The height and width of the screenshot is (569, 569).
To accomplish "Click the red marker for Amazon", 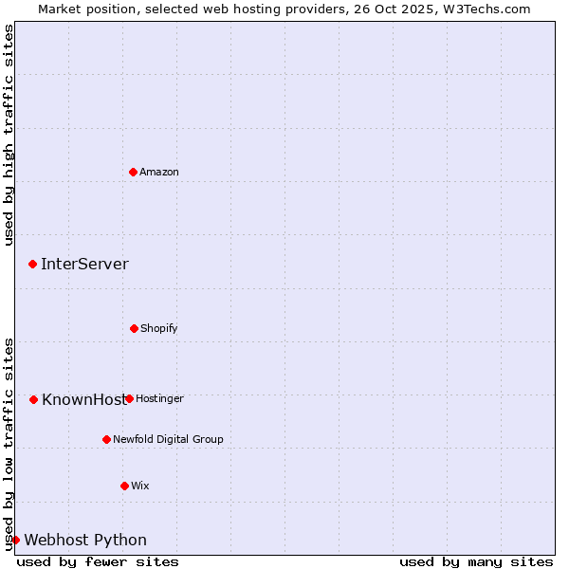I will (134, 172).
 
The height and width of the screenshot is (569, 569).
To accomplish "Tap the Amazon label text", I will (159, 173).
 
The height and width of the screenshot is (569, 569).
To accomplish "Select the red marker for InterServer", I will (33, 264).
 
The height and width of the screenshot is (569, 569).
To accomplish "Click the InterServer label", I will (84, 265).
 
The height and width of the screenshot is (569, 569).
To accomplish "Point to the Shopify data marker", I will (134, 328).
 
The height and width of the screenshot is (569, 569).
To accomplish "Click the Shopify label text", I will (159, 329).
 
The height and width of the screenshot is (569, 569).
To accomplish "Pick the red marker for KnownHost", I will (33, 399).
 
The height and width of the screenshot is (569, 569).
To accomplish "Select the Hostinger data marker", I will (129, 398).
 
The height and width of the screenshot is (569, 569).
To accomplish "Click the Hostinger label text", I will (159, 399).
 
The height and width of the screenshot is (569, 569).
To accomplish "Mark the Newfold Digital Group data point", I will (106, 439).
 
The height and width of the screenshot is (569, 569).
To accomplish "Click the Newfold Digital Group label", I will (168, 440).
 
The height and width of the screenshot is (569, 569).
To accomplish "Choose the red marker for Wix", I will (124, 486).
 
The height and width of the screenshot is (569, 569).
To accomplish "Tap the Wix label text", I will (140, 486).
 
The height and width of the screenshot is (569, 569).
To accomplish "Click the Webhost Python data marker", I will (15, 540).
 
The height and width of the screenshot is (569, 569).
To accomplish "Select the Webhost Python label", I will (85, 541).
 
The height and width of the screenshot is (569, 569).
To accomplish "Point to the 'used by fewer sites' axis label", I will (98, 561).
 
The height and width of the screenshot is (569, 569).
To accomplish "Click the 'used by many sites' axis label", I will (476, 561).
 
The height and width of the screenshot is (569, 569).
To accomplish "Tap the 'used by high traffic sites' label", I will (9, 135).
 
